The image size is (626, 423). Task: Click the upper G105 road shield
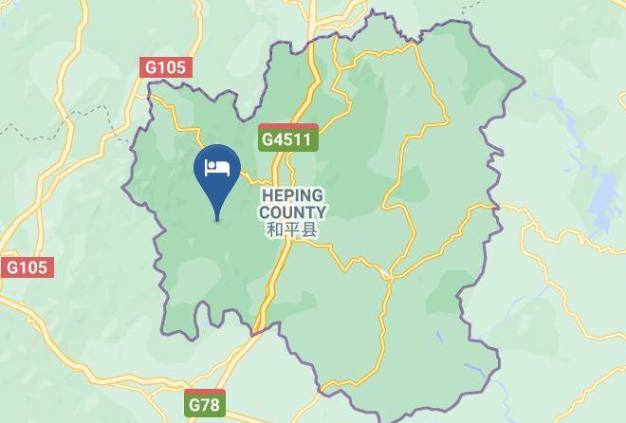pyautogui.click(x=166, y=68)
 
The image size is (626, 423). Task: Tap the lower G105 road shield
pyautogui.click(x=27, y=267)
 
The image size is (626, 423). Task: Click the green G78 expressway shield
pyautogui.click(x=206, y=404)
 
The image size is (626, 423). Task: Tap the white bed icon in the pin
pyautogui.click(x=217, y=168)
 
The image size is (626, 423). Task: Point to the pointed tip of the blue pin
pyautogui.click(x=217, y=220)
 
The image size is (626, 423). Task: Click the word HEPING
pyautogui.click(x=293, y=196)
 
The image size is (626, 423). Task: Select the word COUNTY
pyautogui.click(x=292, y=212)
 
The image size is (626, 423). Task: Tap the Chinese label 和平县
pyautogui.click(x=292, y=230)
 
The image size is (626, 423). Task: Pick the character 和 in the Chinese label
pyautogui.click(x=275, y=230)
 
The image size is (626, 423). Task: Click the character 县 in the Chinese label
pyautogui.click(x=309, y=230)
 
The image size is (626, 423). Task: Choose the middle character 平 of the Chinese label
pyautogui.click(x=292, y=230)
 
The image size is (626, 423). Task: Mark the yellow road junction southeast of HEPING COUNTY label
pyautogui.click(x=387, y=274)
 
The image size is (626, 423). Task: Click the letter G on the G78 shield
pyautogui.click(x=194, y=405)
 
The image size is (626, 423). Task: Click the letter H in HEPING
pyautogui.click(x=267, y=196)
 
